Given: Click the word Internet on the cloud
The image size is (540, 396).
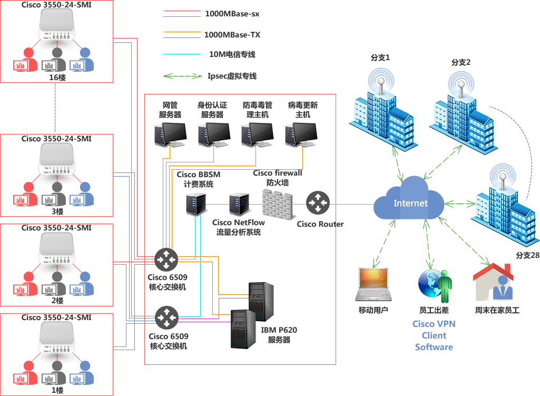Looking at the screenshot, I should (410, 204).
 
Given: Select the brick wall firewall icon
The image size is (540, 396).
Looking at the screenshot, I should (280, 204).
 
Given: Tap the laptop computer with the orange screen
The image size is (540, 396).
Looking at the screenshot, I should (373, 285).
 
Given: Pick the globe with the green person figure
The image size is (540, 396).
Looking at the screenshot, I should (435, 286).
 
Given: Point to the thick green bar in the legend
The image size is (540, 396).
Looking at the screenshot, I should (182, 76).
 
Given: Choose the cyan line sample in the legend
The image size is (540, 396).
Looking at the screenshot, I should (182, 54).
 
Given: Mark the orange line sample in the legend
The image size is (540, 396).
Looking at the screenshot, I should (182, 32).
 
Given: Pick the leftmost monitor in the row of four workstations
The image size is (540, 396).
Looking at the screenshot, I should (170, 134).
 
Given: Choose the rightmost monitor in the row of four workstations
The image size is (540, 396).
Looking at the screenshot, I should (301, 134).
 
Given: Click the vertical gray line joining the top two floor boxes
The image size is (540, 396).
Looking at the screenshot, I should (55, 108).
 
